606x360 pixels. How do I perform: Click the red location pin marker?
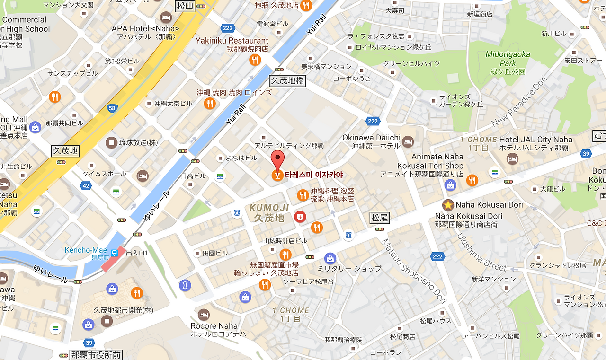click(278, 160)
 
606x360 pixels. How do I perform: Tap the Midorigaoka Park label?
click(508, 59)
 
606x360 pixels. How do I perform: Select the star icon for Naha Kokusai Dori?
click(447, 205)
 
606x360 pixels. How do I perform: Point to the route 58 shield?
click(112, 108)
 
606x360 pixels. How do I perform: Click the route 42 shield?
click(86, 186)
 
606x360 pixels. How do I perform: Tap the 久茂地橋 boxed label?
click(287, 81)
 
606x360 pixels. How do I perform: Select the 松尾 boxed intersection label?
click(379, 218)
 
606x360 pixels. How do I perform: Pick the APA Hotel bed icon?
click(166, 18)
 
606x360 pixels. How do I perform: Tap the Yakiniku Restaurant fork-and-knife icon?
click(255, 60)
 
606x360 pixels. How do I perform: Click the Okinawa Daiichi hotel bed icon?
click(408, 141)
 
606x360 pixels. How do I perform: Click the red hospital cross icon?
click(300, 217)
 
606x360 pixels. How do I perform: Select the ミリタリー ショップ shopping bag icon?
click(330, 258)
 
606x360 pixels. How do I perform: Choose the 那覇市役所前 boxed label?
click(96, 355)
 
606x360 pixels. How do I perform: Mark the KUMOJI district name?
click(269, 208)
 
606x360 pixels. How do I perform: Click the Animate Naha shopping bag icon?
click(450, 185)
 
